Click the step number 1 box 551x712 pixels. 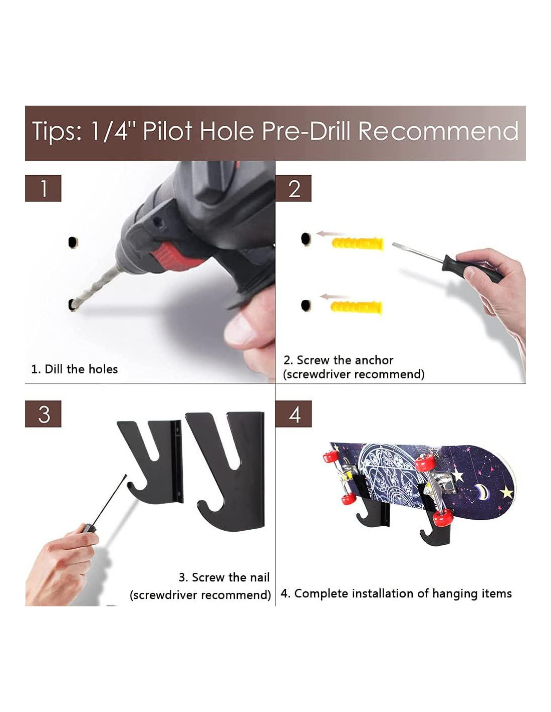point(43,188)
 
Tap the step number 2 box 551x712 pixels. point(294,188)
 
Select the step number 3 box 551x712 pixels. point(43,414)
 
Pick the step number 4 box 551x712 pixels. point(294,414)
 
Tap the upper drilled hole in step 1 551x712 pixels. point(73,242)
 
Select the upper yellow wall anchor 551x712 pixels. point(358,244)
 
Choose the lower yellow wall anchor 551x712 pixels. point(357,307)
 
